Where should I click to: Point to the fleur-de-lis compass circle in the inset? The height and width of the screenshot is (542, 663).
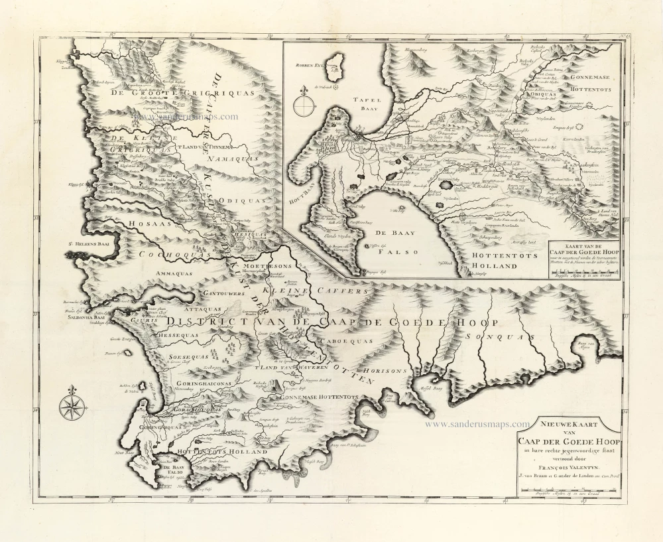coord(304,104)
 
